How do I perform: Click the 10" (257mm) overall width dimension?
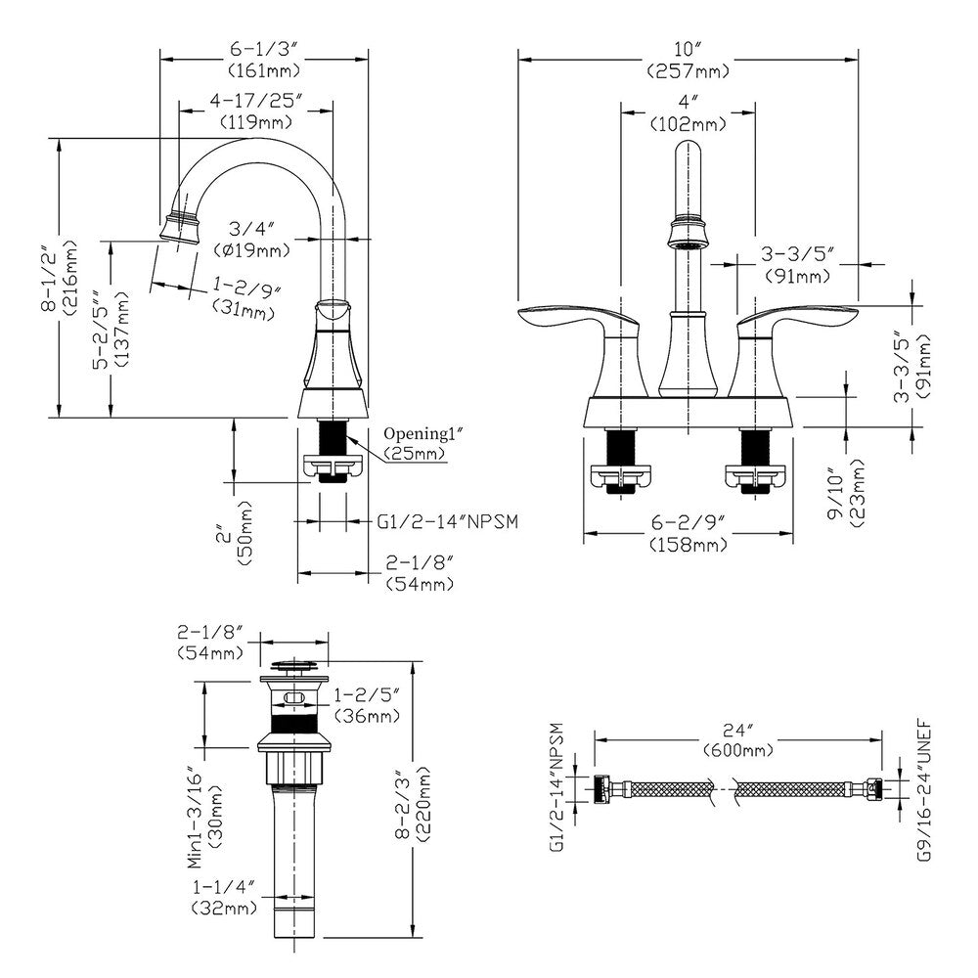pos(688,60)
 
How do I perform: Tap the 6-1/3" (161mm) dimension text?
pos(263,60)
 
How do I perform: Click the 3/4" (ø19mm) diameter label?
pos(258,241)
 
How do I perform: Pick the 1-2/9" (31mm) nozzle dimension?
pos(245,299)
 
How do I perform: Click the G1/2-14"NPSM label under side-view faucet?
pos(446,521)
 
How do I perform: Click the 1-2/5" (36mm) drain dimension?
pos(367,706)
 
